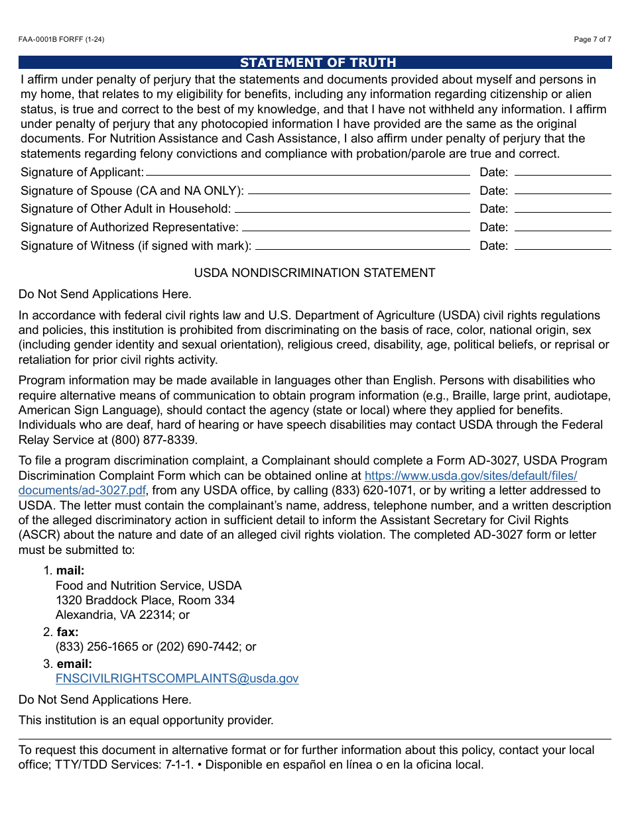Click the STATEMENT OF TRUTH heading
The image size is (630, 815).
pyautogui.click(x=318, y=63)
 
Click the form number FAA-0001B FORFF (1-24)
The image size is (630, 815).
pyautogui.click(x=61, y=40)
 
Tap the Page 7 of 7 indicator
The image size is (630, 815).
pyautogui.click(x=592, y=40)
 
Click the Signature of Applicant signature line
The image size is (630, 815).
pyautogui.click(x=307, y=174)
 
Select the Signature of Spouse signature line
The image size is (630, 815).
pyautogui.click(x=358, y=192)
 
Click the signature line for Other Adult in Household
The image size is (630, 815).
pyautogui.click(x=351, y=210)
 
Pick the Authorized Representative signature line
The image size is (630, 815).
pyautogui.click(x=355, y=229)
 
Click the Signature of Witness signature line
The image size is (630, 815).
pyautogui.click(x=362, y=247)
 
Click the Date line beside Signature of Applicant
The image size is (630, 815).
pyautogui.click(x=562, y=174)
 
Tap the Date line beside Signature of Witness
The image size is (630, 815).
pyautogui.click(x=562, y=247)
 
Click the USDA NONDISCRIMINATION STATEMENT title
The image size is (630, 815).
pyautogui.click(x=314, y=273)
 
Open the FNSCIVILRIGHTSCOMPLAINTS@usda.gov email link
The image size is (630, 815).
pyautogui.click(x=177, y=679)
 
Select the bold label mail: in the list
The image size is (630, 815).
pyautogui.click(x=70, y=570)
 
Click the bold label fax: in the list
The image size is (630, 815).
pyautogui.click(x=67, y=632)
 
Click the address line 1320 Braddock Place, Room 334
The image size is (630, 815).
pyautogui.click(x=145, y=600)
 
